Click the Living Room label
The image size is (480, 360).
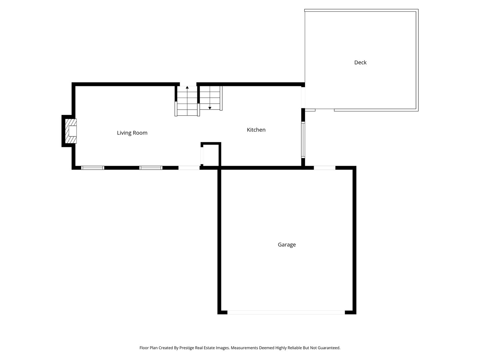pyautogui.click(x=132, y=133)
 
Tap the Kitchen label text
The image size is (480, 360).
pyautogui.click(x=256, y=130)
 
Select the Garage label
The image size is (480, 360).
pyautogui.click(x=287, y=245)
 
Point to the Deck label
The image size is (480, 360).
pyautogui.click(x=360, y=62)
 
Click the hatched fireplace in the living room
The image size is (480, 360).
pyautogui.click(x=71, y=131)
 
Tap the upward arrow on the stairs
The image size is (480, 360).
pyautogui.click(x=187, y=88)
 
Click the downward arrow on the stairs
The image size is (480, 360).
pyautogui.click(x=210, y=107)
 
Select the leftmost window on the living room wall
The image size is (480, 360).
pyautogui.click(x=93, y=168)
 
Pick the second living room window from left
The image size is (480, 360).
pyautogui.click(x=151, y=168)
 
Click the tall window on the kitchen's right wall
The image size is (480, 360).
pyautogui.click(x=303, y=140)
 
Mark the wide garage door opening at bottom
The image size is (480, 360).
pyautogui.click(x=286, y=312)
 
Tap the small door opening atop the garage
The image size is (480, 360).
pyautogui.click(x=324, y=168)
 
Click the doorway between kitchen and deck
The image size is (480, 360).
pyautogui.click(x=303, y=97)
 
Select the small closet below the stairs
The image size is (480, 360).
pyautogui.click(x=211, y=155)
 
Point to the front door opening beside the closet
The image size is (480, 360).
pyautogui.click(x=189, y=168)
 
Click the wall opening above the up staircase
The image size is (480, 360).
pyautogui.click(x=188, y=84)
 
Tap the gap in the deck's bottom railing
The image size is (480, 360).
pyautogui.click(x=325, y=110)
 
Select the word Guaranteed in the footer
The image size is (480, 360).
pyautogui.click(x=329, y=348)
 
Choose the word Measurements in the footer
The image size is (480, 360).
pyautogui.click(x=244, y=348)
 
